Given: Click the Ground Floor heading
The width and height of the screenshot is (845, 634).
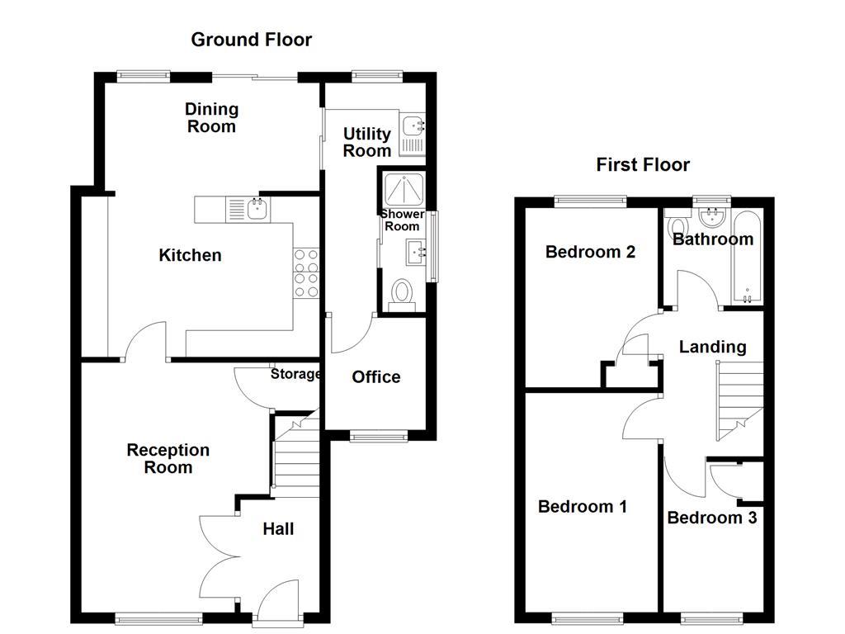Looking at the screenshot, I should tap(251, 40).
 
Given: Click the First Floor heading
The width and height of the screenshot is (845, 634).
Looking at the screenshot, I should tap(643, 165).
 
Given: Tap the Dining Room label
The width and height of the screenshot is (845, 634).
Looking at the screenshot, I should tap(211, 117).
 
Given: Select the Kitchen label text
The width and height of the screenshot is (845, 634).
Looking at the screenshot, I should tap(190, 255).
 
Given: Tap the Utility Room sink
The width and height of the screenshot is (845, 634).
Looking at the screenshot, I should tap(412, 126).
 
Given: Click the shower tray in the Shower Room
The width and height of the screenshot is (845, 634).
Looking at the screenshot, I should tap(402, 190).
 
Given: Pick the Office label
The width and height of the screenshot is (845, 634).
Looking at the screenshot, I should tap(375, 377).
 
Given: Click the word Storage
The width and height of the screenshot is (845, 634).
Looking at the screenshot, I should tap(295, 374).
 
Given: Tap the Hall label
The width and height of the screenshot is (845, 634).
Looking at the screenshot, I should tap(278, 529).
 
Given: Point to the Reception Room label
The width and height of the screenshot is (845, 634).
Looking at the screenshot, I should tap(168, 459).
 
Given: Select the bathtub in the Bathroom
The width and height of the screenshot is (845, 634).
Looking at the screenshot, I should tap(748, 256).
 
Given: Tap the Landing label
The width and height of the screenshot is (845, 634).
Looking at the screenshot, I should tap(712, 348).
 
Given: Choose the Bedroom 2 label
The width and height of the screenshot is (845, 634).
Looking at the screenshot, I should tap(590, 252).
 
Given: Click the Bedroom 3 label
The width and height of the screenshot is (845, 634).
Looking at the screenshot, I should tap(711, 518).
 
